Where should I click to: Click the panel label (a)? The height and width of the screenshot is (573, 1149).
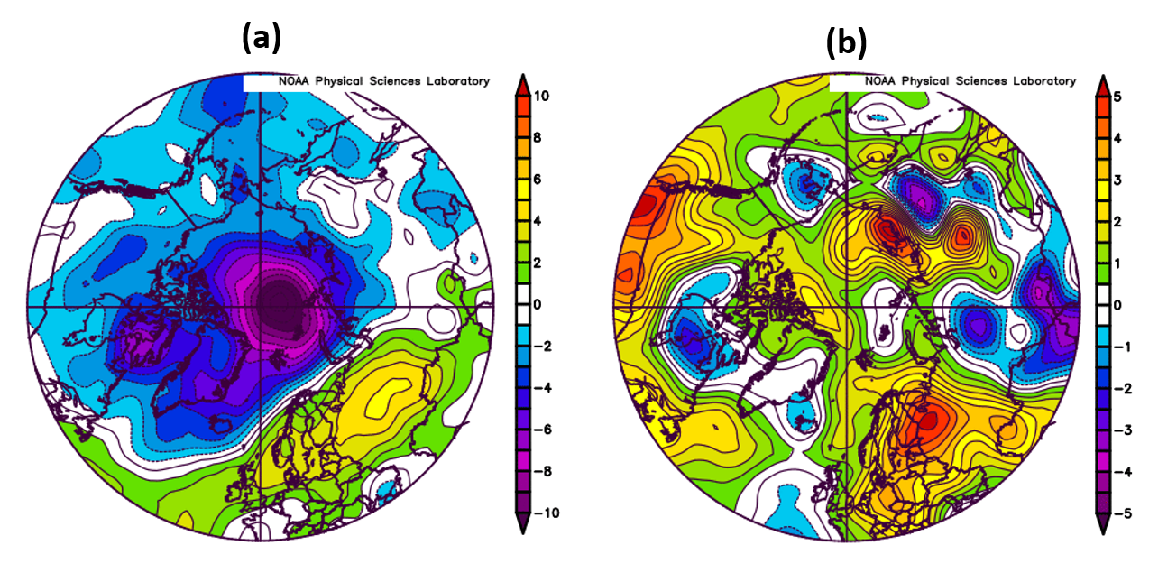tap(262, 38)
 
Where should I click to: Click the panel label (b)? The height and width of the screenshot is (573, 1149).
tap(847, 42)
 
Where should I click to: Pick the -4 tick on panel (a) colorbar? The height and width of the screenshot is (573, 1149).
tap(544, 388)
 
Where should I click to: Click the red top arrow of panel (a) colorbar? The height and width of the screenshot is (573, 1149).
tap(521, 85)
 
